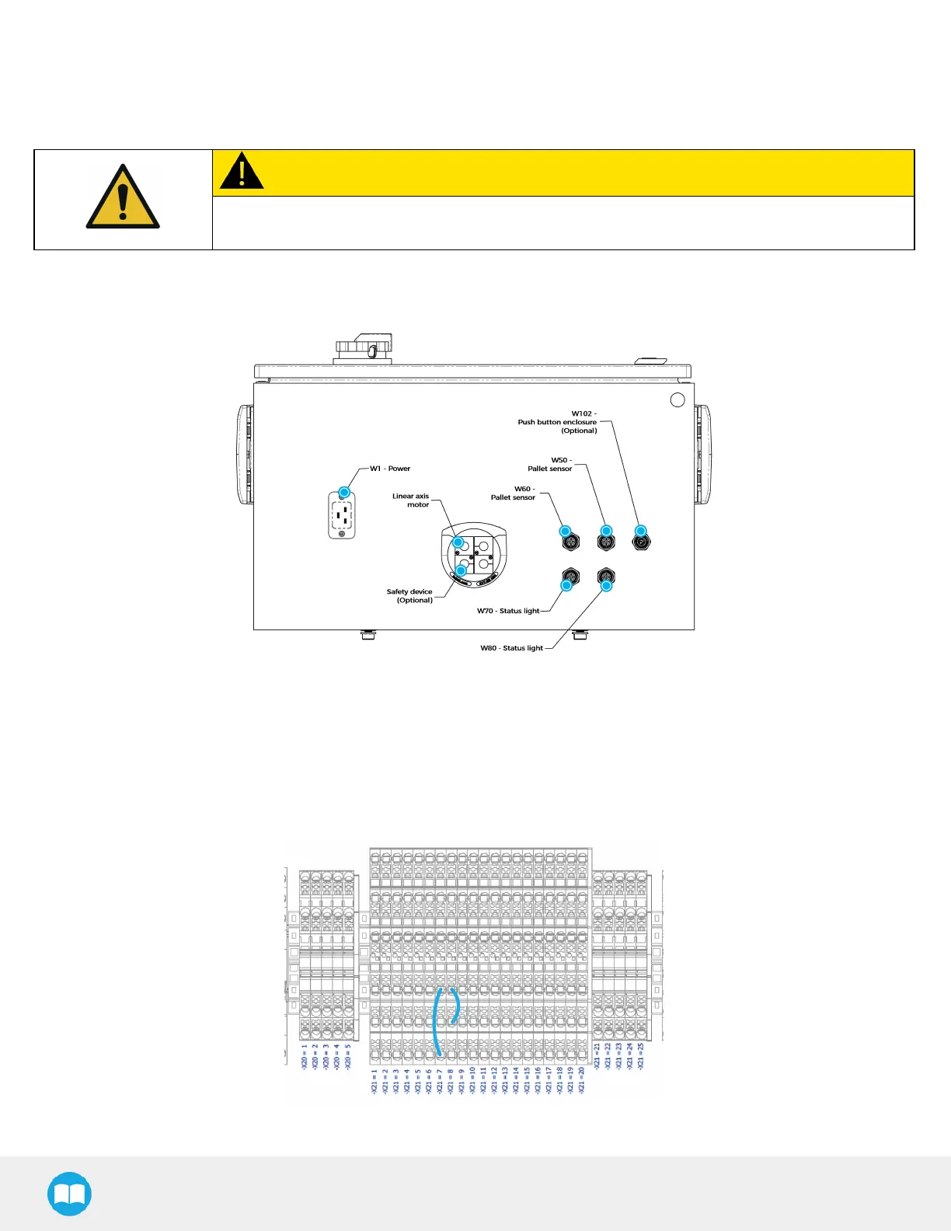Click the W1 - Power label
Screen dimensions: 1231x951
(x=390, y=469)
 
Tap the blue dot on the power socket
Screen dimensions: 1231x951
(x=344, y=492)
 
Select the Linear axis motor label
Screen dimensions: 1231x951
(x=411, y=500)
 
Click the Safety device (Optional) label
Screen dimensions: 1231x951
(x=409, y=596)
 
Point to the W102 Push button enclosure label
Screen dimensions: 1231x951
(x=558, y=422)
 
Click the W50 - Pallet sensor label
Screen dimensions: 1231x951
(x=550, y=465)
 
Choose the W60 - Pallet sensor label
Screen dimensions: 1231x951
(x=514, y=493)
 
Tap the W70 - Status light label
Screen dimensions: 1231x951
(x=508, y=611)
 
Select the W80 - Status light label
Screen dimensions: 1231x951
(x=512, y=648)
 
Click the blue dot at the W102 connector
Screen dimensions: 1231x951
(x=641, y=532)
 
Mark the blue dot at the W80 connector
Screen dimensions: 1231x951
(x=607, y=586)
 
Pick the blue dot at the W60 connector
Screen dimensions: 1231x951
(x=566, y=532)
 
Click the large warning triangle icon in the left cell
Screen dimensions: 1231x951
(x=123, y=197)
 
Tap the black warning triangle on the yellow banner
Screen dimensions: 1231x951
(x=242, y=171)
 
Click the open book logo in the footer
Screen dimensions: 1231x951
(x=70, y=1194)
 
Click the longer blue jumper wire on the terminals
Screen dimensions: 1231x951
(x=437, y=1021)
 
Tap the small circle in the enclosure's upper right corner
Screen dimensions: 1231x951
(x=678, y=399)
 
